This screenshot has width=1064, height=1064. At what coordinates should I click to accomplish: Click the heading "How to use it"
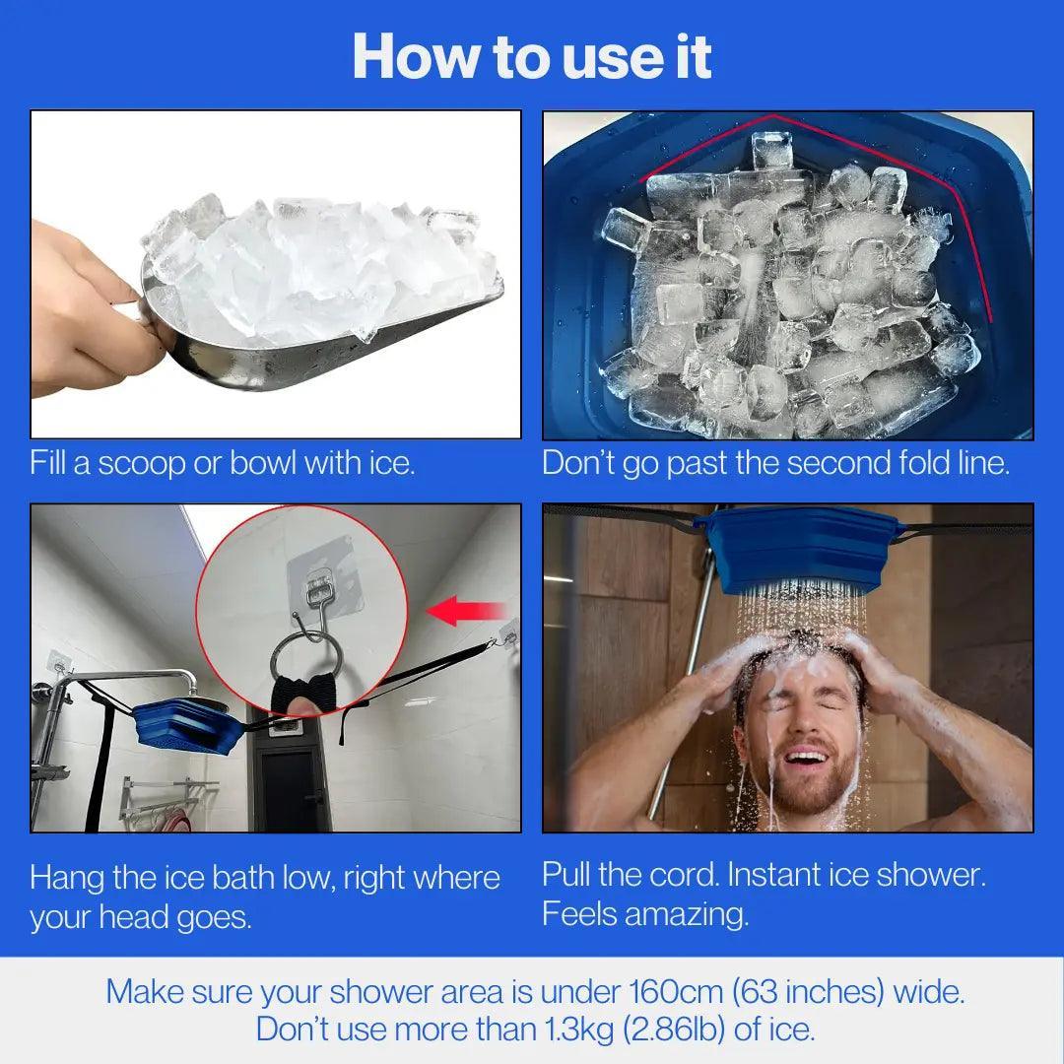click(x=532, y=56)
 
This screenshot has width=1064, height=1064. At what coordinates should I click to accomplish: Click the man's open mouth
click(x=806, y=757)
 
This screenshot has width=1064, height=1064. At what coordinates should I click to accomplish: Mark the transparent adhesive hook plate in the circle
click(x=321, y=581)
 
